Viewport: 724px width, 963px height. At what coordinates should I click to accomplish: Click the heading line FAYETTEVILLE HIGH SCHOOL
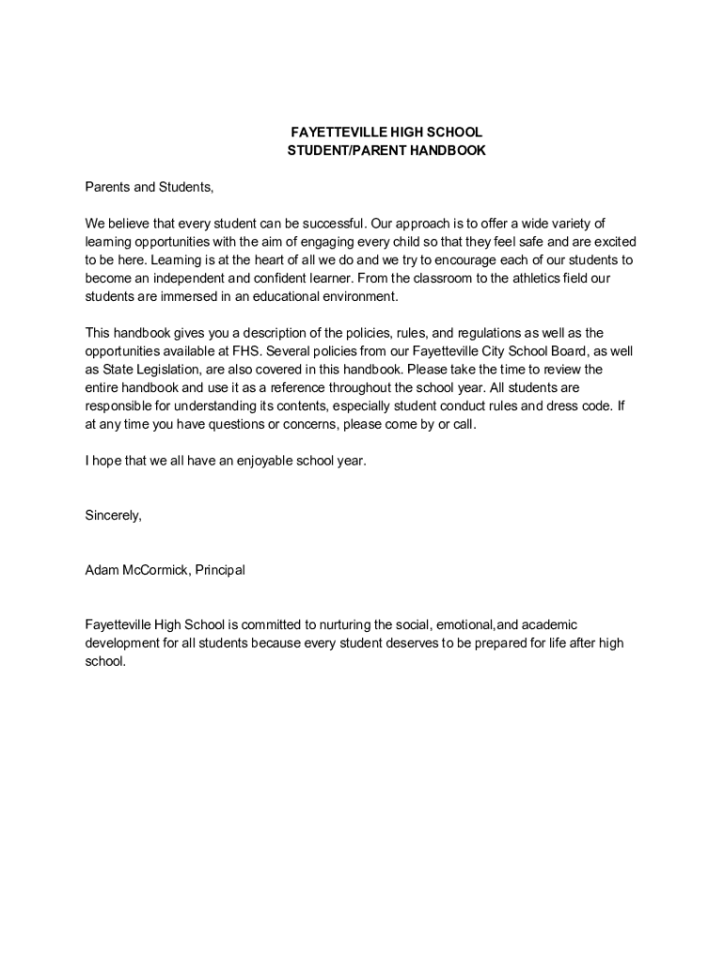click(x=386, y=133)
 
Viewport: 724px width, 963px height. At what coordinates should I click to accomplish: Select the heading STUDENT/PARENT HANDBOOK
click(x=386, y=150)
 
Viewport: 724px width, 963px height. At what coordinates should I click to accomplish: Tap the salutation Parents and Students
click(x=150, y=186)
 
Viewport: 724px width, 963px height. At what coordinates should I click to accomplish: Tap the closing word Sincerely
click(x=113, y=515)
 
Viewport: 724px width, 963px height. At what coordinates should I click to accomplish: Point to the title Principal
click(x=220, y=570)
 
